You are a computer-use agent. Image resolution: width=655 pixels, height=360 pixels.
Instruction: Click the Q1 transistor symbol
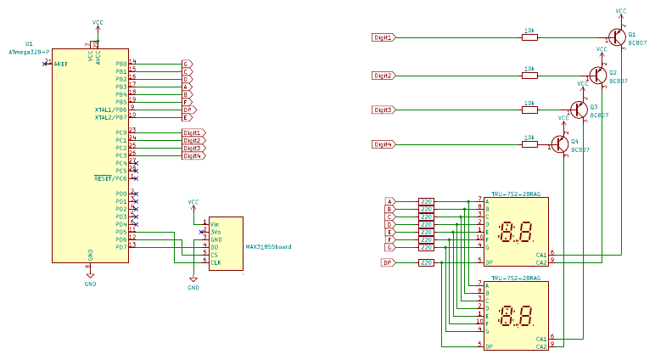pyautogui.click(x=616, y=37)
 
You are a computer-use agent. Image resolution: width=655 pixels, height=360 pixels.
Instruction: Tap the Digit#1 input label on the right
pyautogui.click(x=383, y=37)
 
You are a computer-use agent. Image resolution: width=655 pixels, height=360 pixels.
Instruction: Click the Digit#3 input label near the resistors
pyautogui.click(x=383, y=110)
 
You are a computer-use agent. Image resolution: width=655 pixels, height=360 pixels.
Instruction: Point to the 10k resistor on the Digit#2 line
pyautogui.click(x=529, y=75)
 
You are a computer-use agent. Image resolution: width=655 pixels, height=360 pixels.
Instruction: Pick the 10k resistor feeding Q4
pyautogui.click(x=529, y=144)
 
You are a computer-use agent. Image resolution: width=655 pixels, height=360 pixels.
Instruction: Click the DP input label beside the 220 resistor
pyautogui.click(x=388, y=263)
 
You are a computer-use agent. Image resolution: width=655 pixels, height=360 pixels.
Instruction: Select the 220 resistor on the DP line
pyautogui.click(x=426, y=263)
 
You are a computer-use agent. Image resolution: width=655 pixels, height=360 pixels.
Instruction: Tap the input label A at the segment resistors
pyautogui.click(x=389, y=200)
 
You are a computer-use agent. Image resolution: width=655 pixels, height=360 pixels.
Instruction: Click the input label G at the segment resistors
pyautogui.click(x=389, y=247)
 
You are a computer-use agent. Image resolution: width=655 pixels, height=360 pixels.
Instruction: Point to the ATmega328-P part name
pyautogui.click(x=29, y=52)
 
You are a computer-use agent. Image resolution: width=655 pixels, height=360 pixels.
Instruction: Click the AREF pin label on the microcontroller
pyautogui.click(x=61, y=64)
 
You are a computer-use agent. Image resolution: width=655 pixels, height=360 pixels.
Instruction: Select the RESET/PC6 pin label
pyautogui.click(x=110, y=178)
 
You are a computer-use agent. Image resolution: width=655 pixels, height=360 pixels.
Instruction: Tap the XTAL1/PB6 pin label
pyautogui.click(x=111, y=110)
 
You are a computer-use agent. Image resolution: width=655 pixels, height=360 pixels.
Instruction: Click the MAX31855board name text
pyautogui.click(x=268, y=247)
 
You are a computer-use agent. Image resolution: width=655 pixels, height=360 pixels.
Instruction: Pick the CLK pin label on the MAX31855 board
pyautogui.click(x=216, y=262)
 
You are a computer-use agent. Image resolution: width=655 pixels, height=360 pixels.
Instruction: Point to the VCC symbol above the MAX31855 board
pyautogui.click(x=193, y=203)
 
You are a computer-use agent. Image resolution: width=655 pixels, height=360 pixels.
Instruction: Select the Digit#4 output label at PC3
pyautogui.click(x=193, y=155)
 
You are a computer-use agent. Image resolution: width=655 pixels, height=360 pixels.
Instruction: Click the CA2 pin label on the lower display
pyautogui.click(x=540, y=346)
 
